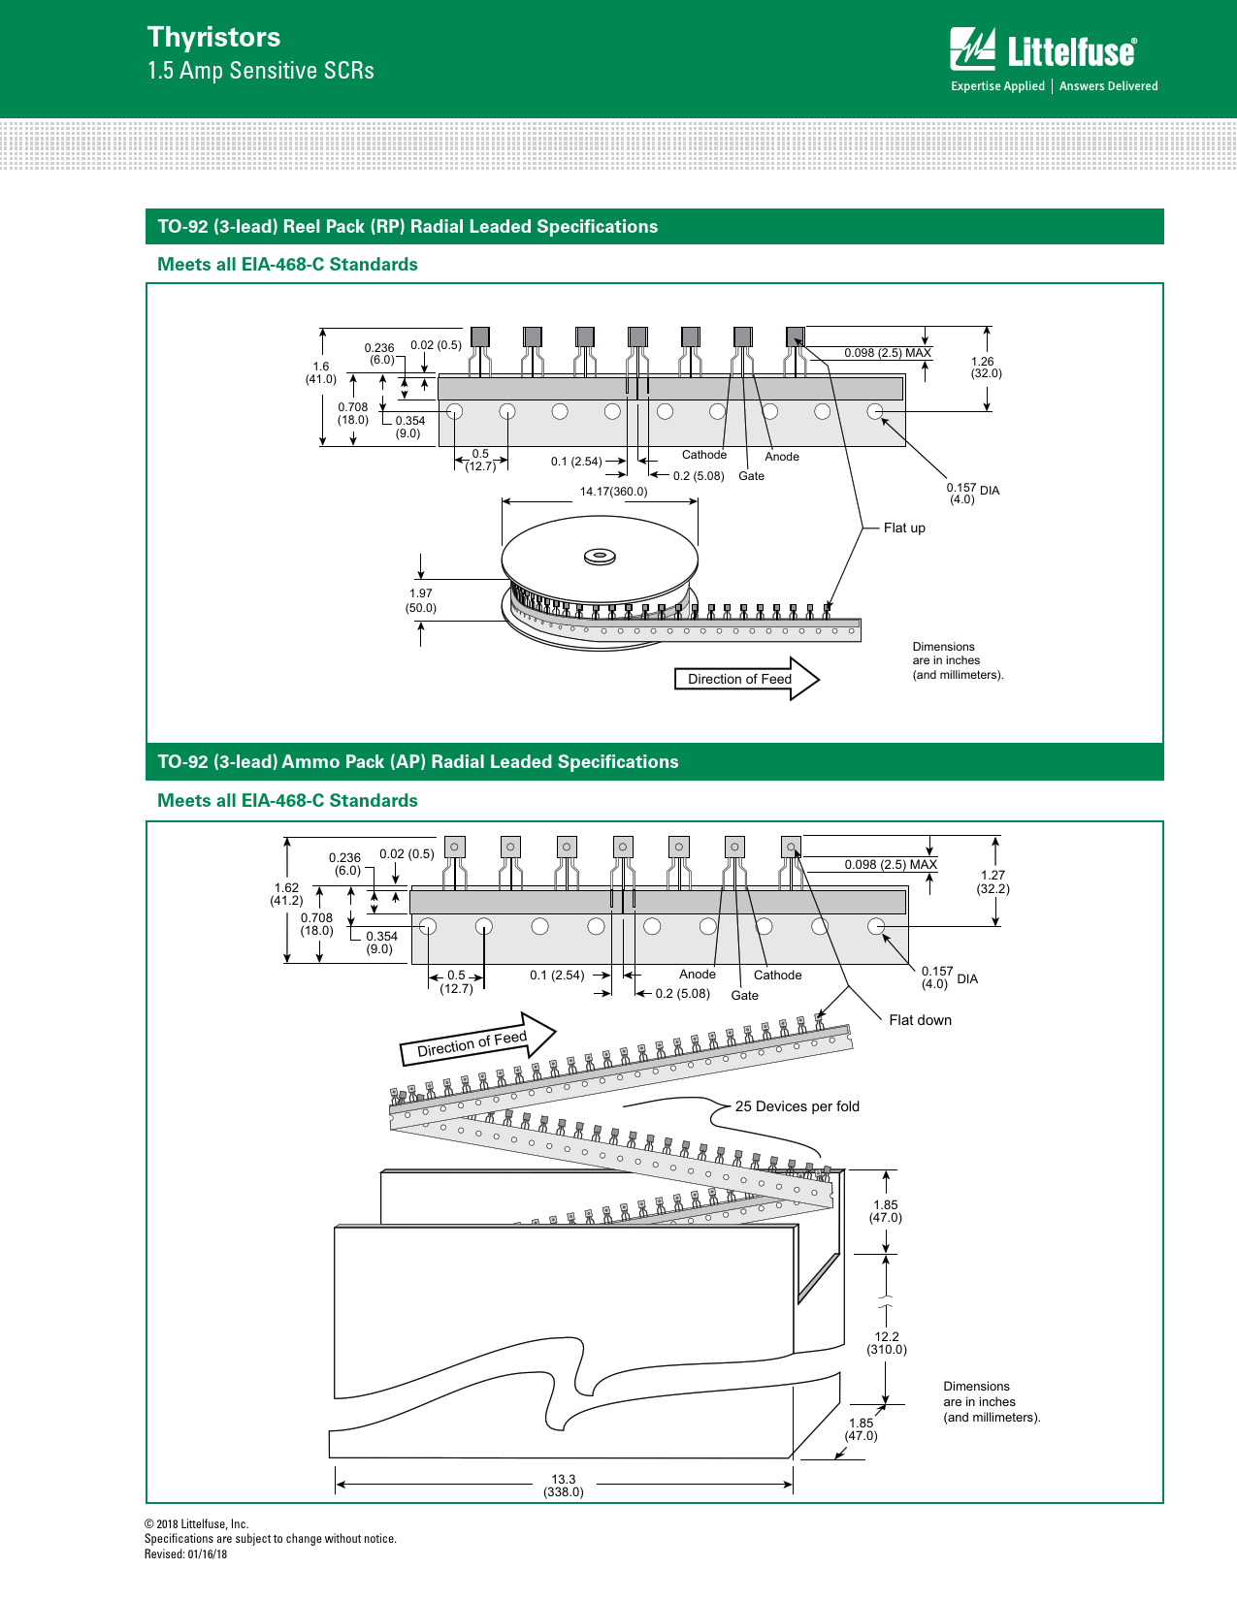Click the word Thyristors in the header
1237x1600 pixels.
pyautogui.click(x=213, y=37)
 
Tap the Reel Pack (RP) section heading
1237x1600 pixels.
pyautogui.click(x=407, y=227)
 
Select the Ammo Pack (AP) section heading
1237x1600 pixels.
pyautogui.click(x=417, y=762)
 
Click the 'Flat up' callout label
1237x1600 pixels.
pyautogui.click(x=904, y=528)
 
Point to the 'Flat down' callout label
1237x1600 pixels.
pyautogui.click(x=920, y=1020)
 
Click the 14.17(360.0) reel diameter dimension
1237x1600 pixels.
pyautogui.click(x=613, y=492)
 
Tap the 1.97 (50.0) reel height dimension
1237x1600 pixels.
pyautogui.click(x=421, y=601)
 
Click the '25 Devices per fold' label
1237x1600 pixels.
pyautogui.click(x=797, y=1106)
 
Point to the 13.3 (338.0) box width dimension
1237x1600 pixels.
pyautogui.click(x=564, y=1486)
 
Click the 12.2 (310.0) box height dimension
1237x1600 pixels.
pyautogui.click(x=887, y=1343)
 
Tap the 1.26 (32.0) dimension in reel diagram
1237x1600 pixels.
pyautogui.click(x=986, y=368)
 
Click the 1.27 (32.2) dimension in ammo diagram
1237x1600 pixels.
pyautogui.click(x=993, y=881)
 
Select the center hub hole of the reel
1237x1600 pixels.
pyautogui.click(x=600, y=557)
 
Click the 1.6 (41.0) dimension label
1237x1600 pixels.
pyautogui.click(x=321, y=373)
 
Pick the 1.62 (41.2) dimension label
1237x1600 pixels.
pyautogui.click(x=286, y=894)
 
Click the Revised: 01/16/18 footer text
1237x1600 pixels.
pyautogui.click(x=186, y=1554)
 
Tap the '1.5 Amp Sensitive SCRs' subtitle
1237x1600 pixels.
pyautogui.click(x=260, y=71)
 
